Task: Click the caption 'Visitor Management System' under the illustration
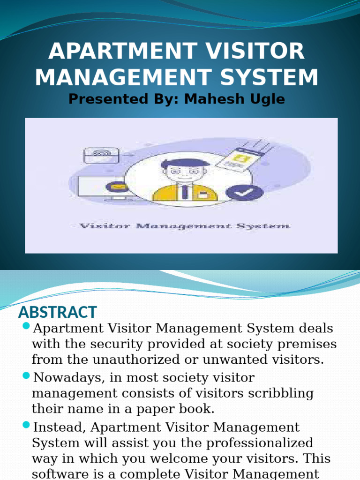(x=184, y=226)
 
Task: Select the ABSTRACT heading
(x=57, y=312)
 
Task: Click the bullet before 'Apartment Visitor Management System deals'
(x=26, y=325)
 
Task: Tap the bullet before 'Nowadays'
(x=26, y=376)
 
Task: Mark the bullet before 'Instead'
(x=26, y=426)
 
